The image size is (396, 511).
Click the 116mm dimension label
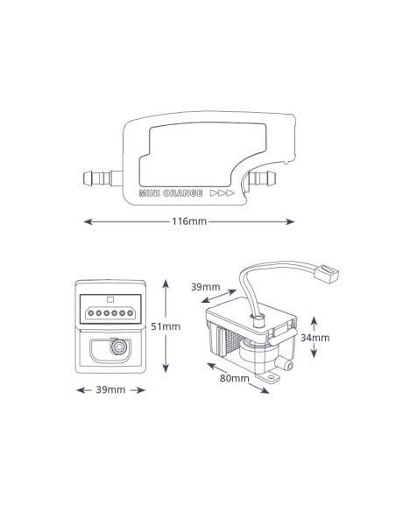click(189, 221)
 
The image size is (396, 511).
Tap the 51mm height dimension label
click(166, 326)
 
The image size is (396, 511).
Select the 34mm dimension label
click(315, 338)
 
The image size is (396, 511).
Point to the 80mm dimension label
click(234, 378)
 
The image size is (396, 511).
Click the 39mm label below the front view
click(110, 389)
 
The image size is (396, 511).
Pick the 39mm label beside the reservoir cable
click(206, 287)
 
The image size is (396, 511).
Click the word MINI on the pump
click(149, 193)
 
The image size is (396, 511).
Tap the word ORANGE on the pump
click(183, 193)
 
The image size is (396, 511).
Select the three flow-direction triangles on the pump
click(223, 193)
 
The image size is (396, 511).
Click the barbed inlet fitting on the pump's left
click(103, 178)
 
